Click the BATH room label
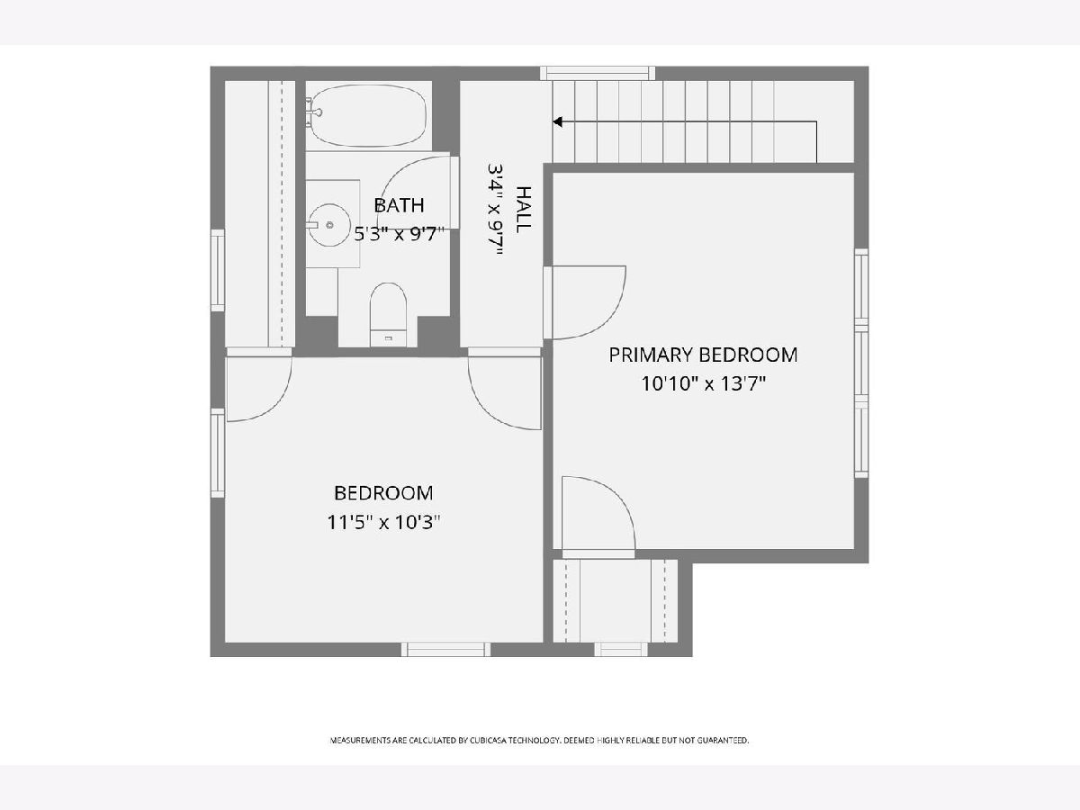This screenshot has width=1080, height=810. [x=399, y=205]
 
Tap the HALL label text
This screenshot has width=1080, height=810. [x=524, y=210]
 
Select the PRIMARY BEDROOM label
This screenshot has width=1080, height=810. [x=703, y=355]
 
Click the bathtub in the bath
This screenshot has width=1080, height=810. [x=368, y=115]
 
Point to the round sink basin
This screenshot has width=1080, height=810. [x=329, y=225]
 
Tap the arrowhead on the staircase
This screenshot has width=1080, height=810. [x=557, y=121]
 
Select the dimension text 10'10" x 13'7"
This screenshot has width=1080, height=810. [x=703, y=383]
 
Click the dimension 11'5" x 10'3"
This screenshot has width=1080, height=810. [x=383, y=522]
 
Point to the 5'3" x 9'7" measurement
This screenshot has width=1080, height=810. [x=399, y=234]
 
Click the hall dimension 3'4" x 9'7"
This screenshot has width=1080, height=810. [x=496, y=210]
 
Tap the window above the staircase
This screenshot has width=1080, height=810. [x=598, y=73]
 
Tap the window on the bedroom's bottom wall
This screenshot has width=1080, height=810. [x=445, y=649]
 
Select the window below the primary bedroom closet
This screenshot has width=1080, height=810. [x=621, y=649]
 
